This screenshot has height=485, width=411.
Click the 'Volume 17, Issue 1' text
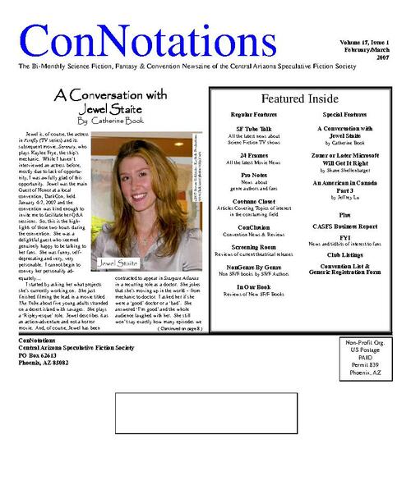(364, 41)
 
